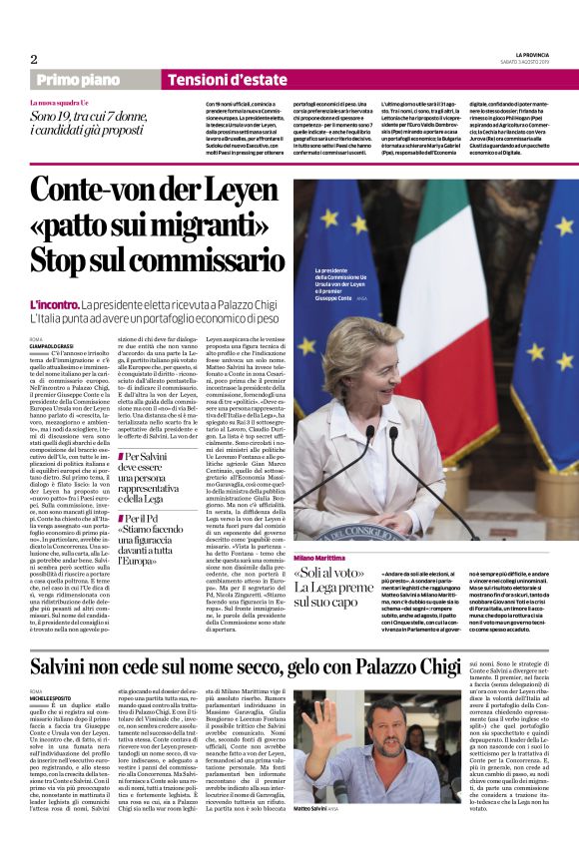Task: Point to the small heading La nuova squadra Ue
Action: point(71,103)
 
